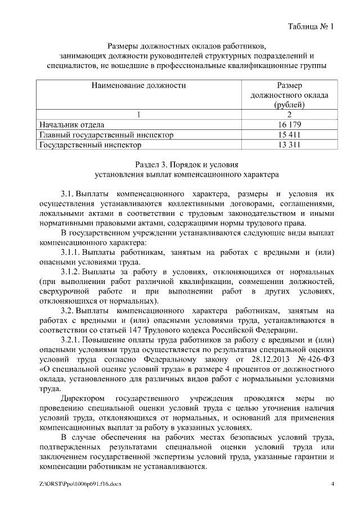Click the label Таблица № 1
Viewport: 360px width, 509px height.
click(x=310, y=26)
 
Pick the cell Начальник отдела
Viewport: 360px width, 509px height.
click(x=71, y=124)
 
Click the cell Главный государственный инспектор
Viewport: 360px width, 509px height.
click(x=105, y=135)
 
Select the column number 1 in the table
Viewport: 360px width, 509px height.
click(x=138, y=114)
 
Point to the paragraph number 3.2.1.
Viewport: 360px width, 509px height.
click(x=73, y=340)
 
